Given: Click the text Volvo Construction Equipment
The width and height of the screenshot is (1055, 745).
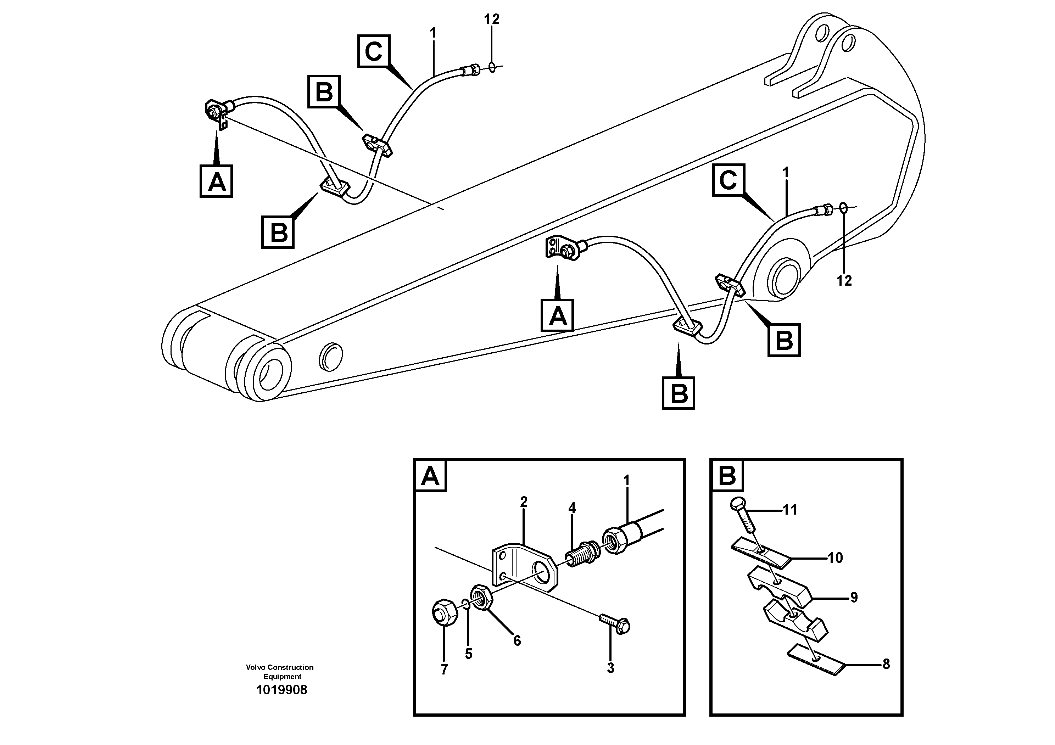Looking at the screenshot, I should [x=279, y=672].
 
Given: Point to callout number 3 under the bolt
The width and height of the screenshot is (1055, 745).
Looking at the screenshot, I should [x=610, y=668].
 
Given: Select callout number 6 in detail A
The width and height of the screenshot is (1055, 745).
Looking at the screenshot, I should [x=517, y=640].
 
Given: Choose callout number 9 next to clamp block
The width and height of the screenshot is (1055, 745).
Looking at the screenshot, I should [x=853, y=598].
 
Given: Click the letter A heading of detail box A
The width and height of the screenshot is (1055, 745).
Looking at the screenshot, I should [x=430, y=476].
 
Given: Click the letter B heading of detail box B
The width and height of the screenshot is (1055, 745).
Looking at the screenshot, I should [x=726, y=476].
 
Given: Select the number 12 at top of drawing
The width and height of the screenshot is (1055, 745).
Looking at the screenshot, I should [x=491, y=19].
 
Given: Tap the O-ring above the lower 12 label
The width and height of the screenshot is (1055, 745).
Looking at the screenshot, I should [x=844, y=208].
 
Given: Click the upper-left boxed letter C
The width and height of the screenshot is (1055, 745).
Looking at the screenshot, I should [x=374, y=51].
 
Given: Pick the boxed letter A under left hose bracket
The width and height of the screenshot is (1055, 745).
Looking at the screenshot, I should [x=216, y=182].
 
